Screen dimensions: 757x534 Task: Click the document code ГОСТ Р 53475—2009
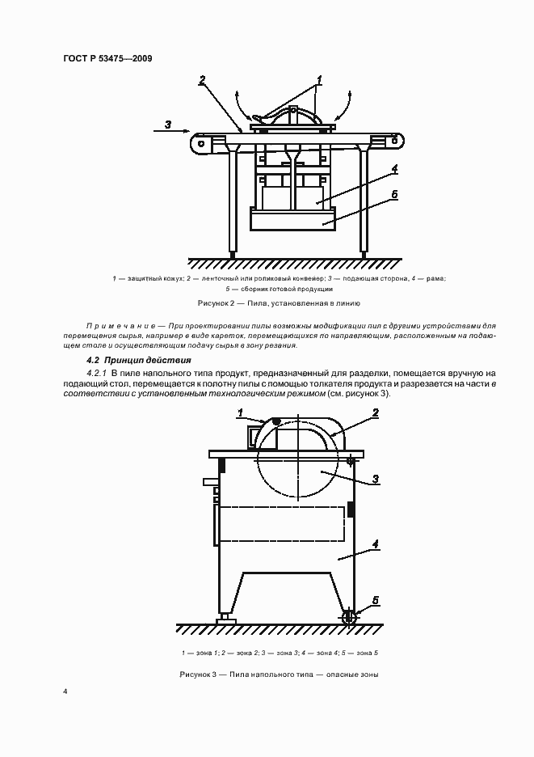click(x=107, y=58)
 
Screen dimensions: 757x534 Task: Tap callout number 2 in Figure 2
click(x=202, y=79)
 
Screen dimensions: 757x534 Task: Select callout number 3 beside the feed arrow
click(x=167, y=124)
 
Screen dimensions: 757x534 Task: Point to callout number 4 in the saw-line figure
click(x=394, y=169)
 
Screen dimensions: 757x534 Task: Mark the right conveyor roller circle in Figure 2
click(x=394, y=140)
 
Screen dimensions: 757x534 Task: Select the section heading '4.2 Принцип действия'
click(x=138, y=360)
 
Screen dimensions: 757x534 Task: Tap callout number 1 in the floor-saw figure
click(x=240, y=412)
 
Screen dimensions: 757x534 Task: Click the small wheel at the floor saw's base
click(x=351, y=618)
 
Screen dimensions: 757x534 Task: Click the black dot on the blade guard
click(x=277, y=421)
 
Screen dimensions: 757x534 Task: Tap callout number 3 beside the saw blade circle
click(x=376, y=479)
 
